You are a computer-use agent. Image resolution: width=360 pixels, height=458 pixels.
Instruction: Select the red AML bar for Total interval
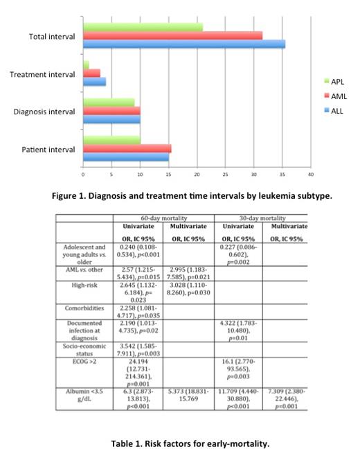(x=172, y=35)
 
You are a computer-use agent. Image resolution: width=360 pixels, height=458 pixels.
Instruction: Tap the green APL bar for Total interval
(x=143, y=27)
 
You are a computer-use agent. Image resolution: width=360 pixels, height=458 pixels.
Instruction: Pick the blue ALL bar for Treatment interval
(x=95, y=82)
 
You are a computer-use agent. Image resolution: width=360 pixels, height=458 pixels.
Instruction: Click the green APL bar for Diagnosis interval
(x=109, y=102)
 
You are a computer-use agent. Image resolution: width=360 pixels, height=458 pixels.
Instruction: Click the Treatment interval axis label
(x=42, y=73)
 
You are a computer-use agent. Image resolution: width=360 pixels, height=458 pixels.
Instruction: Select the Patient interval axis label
(x=48, y=148)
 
